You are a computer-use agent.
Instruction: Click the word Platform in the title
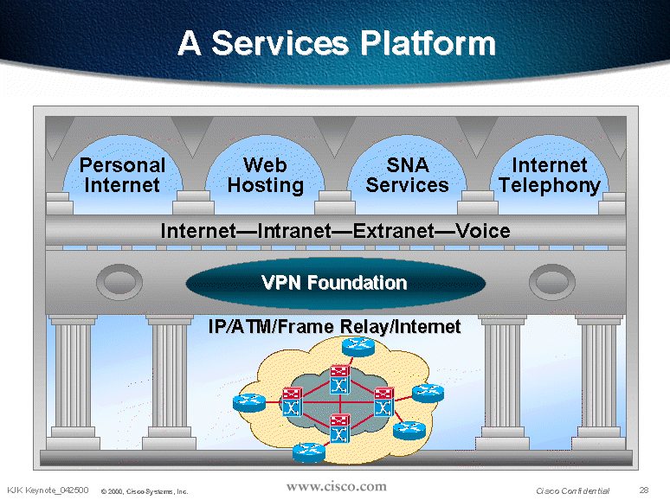(428, 42)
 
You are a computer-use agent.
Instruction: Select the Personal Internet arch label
(122, 175)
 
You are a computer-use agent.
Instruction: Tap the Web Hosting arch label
(266, 176)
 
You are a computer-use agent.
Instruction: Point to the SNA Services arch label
(407, 175)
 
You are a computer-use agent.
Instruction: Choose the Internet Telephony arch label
(550, 176)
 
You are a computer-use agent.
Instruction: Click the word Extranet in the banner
(394, 231)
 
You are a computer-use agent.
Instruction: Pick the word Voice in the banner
(483, 231)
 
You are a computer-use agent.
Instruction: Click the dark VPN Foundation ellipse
(335, 283)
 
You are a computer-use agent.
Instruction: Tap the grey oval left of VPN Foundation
(119, 282)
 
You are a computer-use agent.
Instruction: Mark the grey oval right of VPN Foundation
(552, 282)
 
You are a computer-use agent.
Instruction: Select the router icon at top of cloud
(358, 346)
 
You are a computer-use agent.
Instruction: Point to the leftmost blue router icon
(249, 402)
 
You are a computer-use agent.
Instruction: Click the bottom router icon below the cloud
(309, 452)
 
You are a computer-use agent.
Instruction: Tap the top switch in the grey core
(339, 380)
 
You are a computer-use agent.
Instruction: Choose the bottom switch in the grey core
(339, 429)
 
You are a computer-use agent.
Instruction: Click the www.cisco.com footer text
(336, 486)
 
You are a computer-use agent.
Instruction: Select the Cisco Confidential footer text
(572, 490)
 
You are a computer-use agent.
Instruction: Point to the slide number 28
(644, 490)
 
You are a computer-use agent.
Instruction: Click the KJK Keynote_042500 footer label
(48, 490)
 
